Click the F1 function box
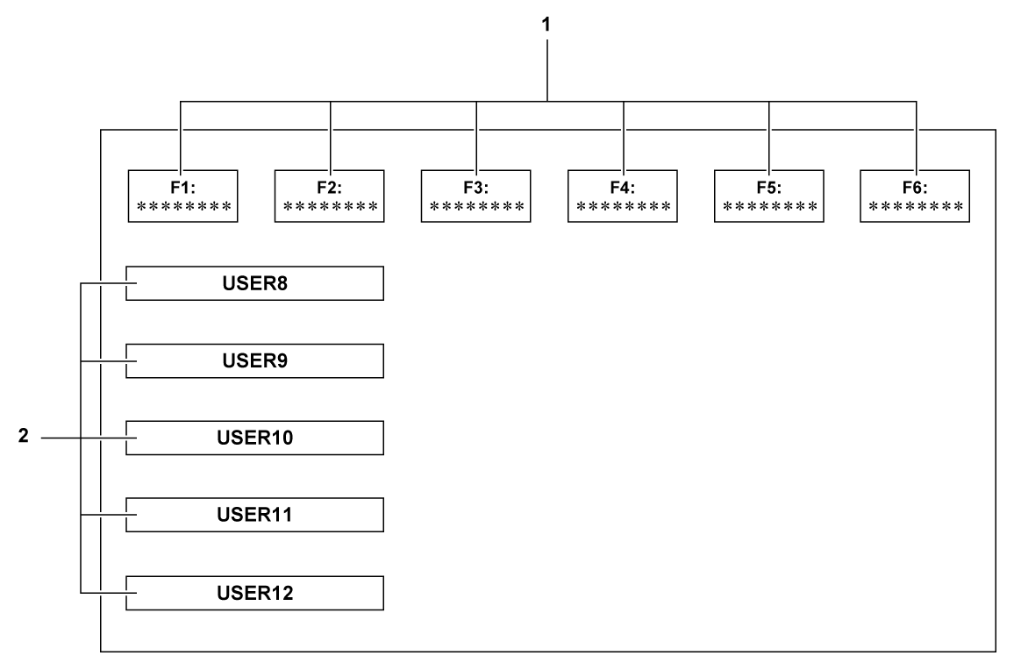coord(182,196)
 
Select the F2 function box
coord(329,196)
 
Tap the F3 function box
coord(475,196)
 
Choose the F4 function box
coord(622,196)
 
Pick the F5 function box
coord(768,196)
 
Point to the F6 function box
coord(915,196)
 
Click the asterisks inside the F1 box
coord(182,207)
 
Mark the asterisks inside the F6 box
coord(915,207)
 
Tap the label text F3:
coord(475,187)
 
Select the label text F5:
coord(768,187)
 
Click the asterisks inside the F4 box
coord(622,207)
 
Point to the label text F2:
coord(329,187)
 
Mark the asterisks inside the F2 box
coord(329,207)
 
